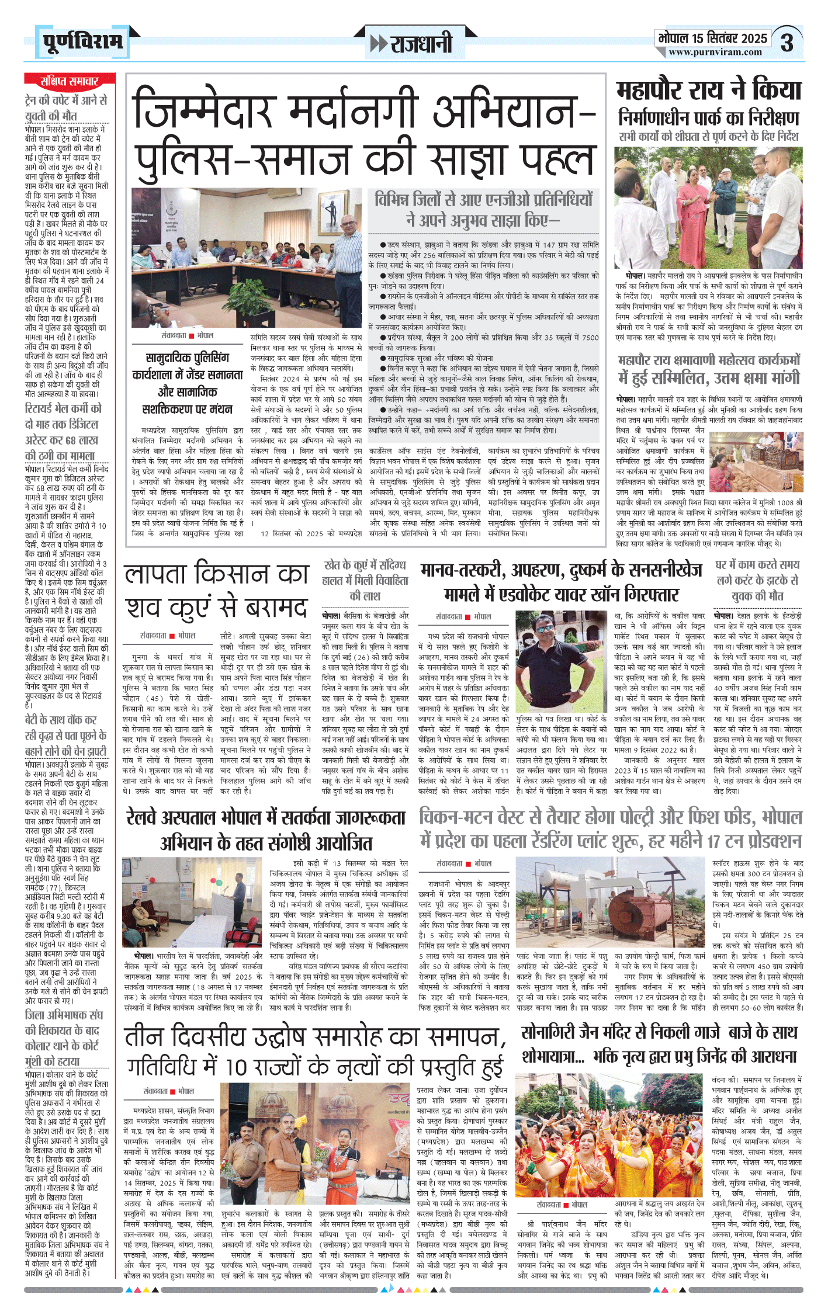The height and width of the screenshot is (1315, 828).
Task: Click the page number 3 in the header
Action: coord(788,43)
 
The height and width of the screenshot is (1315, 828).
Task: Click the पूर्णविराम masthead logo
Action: coord(82,42)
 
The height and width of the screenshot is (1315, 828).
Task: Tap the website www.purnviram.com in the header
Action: coord(715,52)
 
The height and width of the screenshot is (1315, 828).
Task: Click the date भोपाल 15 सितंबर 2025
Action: coord(712,38)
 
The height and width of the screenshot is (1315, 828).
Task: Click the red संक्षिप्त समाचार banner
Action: coord(70,81)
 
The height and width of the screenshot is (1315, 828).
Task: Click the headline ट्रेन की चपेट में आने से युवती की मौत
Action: coord(66,108)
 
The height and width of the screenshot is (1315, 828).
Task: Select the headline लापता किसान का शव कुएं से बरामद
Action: coord(216,591)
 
